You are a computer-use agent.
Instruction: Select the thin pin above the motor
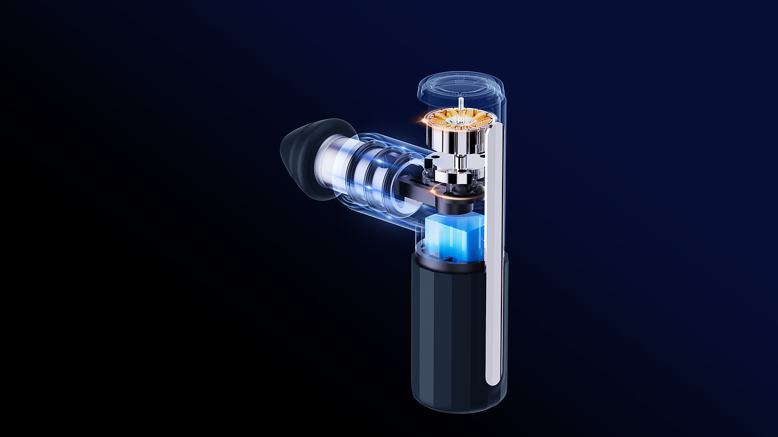tap(461, 105)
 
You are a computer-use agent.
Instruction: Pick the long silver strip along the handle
tap(495, 255)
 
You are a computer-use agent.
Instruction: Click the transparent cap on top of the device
tap(461, 85)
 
